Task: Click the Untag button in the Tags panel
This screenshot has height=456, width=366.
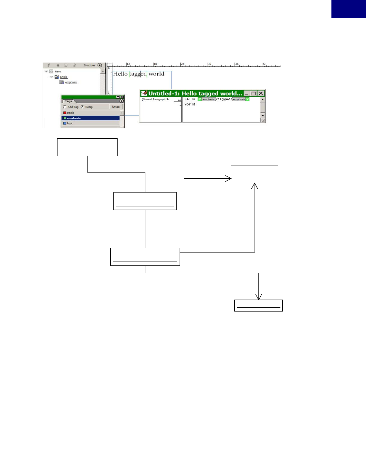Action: click(116, 107)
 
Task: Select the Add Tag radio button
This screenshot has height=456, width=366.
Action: click(65, 107)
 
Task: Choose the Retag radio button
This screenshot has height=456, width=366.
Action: click(82, 107)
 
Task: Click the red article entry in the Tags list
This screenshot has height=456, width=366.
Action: click(70, 113)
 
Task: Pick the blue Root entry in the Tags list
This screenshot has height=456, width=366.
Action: click(69, 123)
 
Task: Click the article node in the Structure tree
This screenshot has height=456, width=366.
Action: click(63, 77)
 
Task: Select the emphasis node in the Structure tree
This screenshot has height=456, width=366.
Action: click(71, 82)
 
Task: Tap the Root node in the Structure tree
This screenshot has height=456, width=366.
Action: click(58, 72)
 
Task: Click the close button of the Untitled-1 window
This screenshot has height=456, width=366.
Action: click(261, 94)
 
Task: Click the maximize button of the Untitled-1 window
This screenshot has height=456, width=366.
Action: click(254, 94)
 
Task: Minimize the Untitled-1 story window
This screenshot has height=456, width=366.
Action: click(247, 94)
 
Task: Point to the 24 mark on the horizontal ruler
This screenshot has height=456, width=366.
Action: click(182, 64)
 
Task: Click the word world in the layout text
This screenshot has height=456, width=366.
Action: click(156, 74)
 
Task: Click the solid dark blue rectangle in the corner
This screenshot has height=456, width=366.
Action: click(349, 9)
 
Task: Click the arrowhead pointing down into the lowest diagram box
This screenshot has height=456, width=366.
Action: click(258, 297)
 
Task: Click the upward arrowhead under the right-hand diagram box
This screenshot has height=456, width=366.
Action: click(255, 186)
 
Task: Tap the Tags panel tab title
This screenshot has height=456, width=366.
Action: click(68, 101)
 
